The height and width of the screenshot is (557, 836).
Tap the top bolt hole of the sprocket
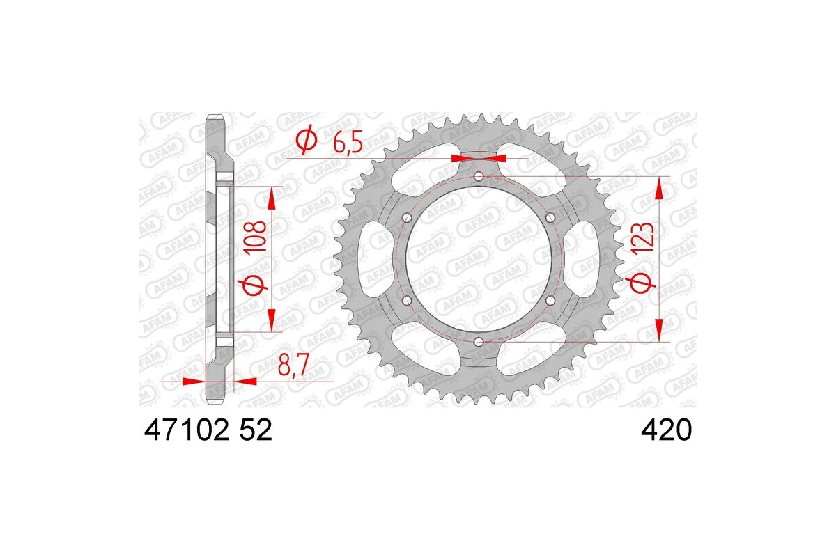(x=479, y=176)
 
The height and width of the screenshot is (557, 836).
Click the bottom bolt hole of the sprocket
(x=479, y=341)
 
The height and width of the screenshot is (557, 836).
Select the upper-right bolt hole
(x=550, y=217)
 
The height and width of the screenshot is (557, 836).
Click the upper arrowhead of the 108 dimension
(x=271, y=198)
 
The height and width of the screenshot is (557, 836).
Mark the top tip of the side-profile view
(x=216, y=114)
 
